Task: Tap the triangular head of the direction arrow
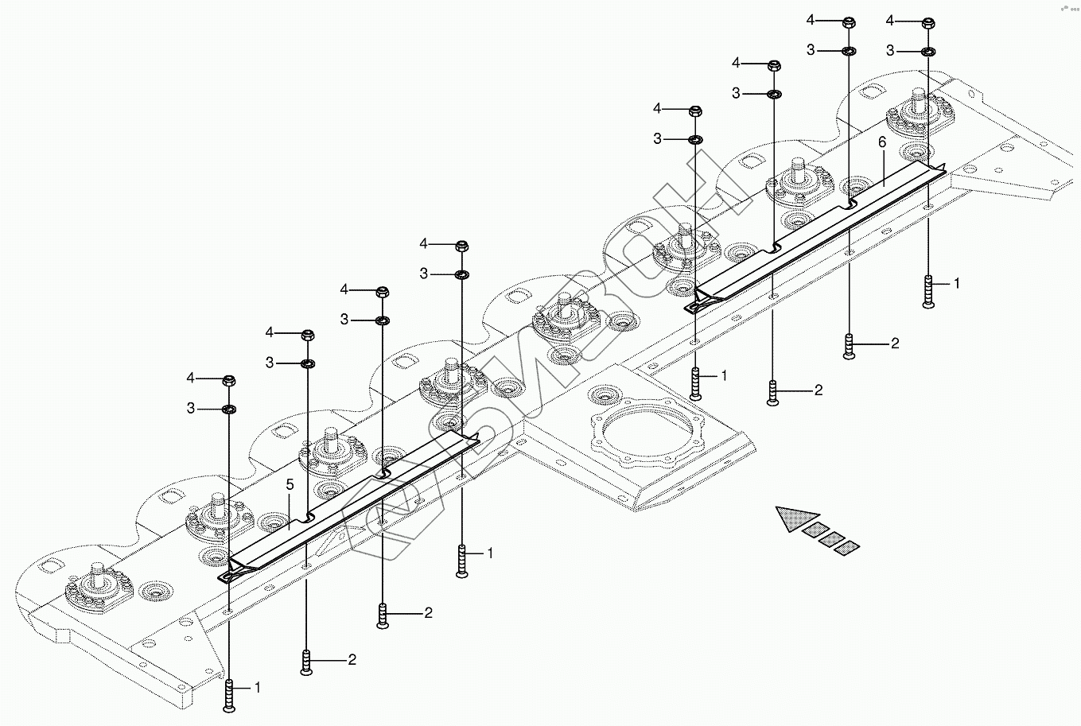coord(796,517)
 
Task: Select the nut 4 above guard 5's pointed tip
coord(228,379)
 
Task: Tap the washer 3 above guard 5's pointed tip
coord(228,409)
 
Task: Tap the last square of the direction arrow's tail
coord(849,546)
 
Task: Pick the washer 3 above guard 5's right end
coord(461,274)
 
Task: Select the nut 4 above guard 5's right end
coord(461,243)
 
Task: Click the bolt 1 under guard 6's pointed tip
coord(695,384)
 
